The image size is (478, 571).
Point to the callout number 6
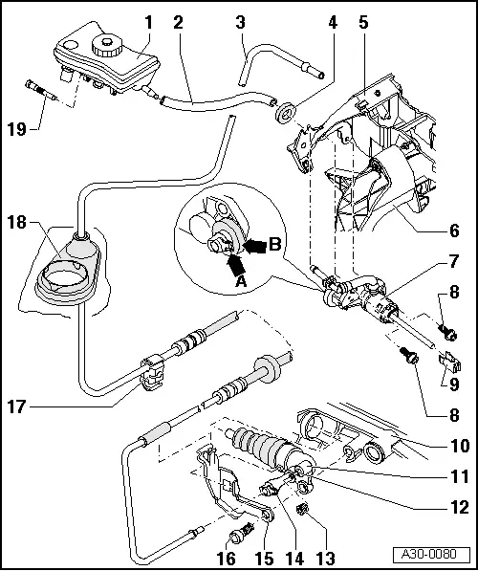(x=454, y=231)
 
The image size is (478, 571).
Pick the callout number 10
(x=454, y=445)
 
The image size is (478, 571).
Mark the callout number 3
(x=240, y=20)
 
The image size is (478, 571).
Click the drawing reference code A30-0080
(x=435, y=554)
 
